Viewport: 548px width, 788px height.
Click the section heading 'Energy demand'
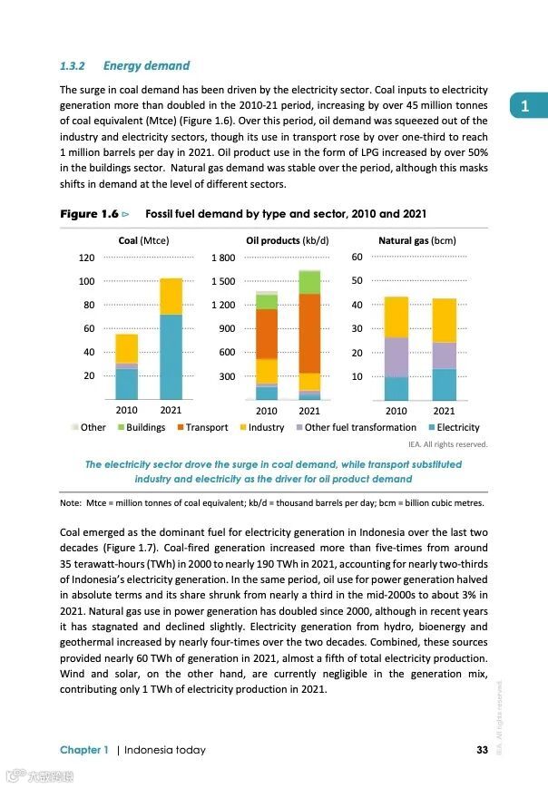coord(146,65)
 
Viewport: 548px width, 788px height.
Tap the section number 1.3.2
coord(72,65)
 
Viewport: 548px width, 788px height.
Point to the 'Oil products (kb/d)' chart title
coord(287,241)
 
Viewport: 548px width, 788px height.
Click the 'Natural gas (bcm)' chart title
coord(416,241)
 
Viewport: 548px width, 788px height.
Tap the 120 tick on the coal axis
coord(86,258)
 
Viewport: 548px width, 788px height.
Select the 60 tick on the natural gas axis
coord(357,258)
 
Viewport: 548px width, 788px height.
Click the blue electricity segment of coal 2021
coord(171,356)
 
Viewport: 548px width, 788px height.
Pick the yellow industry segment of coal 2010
coord(127,348)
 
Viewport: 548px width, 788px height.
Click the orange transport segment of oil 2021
coord(309,333)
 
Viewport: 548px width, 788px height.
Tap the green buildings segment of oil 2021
coord(309,282)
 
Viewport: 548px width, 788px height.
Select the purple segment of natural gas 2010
coord(396,356)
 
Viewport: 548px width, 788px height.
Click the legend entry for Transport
coord(206,427)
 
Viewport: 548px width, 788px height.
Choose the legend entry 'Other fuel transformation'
coord(360,427)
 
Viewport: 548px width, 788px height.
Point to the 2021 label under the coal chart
coord(171,410)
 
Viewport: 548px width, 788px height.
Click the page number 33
coord(482,750)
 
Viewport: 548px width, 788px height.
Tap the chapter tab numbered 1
coord(525,106)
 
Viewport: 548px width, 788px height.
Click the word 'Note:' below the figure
coord(70,502)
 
